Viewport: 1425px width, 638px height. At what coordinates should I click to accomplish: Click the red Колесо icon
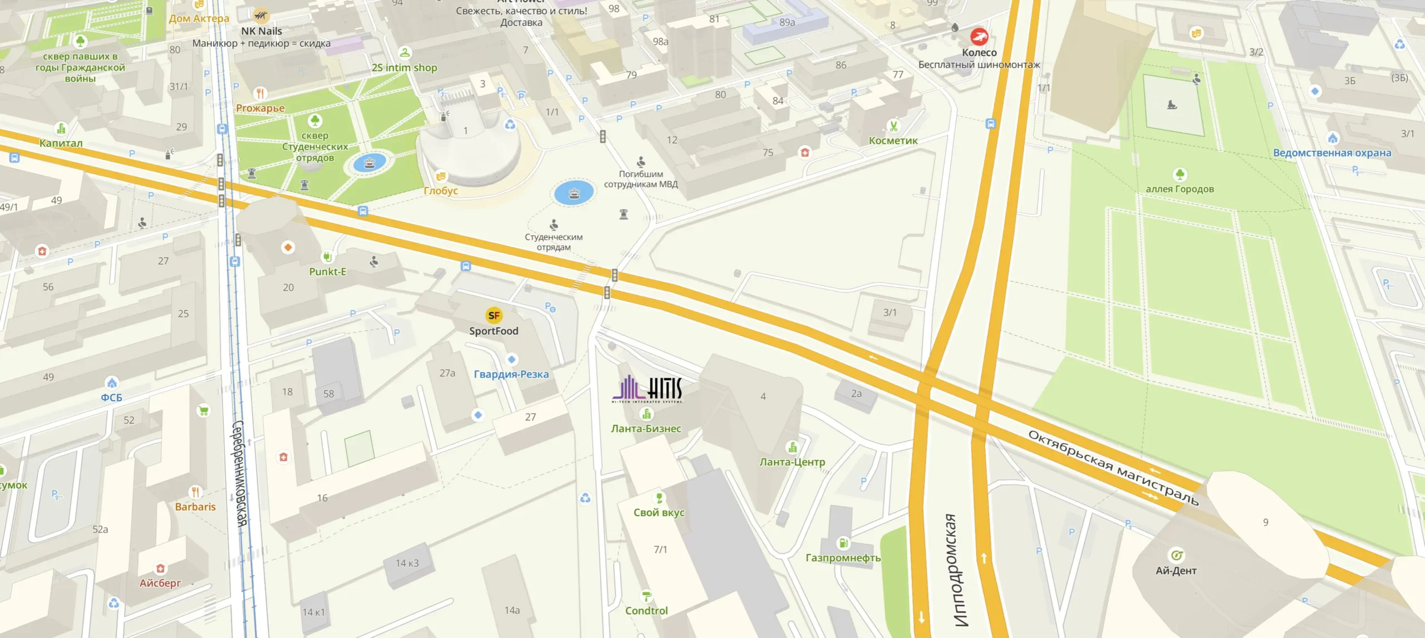(979, 37)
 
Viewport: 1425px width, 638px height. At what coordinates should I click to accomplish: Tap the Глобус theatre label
(440, 190)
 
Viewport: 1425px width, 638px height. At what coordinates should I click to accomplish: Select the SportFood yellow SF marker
(493, 316)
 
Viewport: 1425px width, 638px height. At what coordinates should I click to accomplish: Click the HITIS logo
(647, 389)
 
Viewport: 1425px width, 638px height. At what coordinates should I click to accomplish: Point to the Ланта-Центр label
(792, 462)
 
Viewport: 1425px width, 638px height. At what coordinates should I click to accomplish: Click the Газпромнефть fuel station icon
(843, 542)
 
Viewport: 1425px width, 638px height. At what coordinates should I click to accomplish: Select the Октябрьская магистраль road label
(1113, 468)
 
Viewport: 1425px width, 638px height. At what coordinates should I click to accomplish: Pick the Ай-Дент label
(1176, 571)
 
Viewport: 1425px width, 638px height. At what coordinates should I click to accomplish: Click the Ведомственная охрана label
(1331, 153)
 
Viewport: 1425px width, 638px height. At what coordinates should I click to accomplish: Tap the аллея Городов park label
(1179, 189)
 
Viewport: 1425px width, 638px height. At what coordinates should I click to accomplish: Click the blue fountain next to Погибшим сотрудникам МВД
(574, 193)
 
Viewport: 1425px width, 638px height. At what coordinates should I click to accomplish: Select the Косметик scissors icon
(893, 126)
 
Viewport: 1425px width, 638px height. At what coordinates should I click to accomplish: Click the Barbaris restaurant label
(195, 507)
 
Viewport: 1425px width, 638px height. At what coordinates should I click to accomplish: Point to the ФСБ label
(111, 397)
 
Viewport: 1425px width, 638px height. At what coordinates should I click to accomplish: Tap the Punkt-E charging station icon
(327, 257)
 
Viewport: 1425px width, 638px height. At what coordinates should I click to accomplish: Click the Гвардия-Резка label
(511, 375)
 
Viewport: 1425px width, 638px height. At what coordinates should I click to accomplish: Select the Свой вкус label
(659, 513)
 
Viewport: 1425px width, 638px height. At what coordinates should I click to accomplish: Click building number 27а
(447, 373)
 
